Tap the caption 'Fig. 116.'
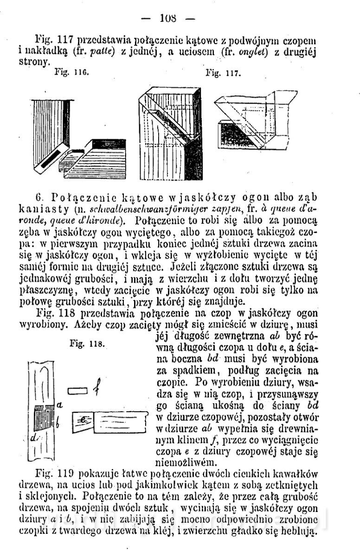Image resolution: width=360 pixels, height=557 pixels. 69,73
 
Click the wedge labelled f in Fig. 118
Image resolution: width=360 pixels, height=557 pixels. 76,391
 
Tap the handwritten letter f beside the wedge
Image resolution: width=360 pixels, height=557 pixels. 94,389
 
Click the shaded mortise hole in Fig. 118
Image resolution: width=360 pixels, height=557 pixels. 45,414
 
